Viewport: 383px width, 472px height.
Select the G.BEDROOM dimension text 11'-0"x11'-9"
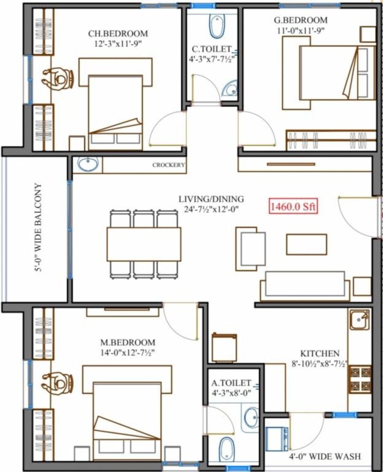coord(301,30)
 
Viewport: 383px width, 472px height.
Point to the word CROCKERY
coord(168,165)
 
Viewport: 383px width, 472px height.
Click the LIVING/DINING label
coord(211,199)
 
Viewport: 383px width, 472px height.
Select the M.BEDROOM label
coord(129,342)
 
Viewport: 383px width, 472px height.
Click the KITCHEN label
coord(320,354)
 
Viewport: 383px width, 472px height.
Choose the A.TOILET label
coord(231,383)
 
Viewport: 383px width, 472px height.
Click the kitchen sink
coord(359,320)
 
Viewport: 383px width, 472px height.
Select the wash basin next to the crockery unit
coord(88,165)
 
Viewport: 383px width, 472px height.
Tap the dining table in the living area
coord(144,244)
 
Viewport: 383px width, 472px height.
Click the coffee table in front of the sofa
coord(306,244)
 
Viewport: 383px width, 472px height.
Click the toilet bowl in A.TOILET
coord(227,448)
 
